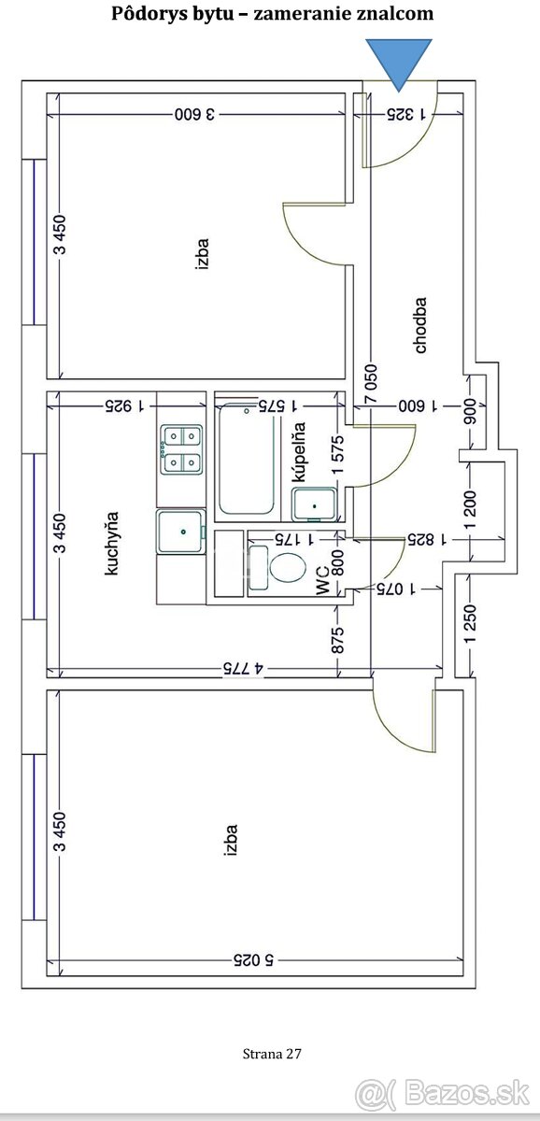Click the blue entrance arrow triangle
point(398,63)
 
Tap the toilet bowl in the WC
point(287,567)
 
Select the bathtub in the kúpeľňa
point(247,459)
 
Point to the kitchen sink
point(181,532)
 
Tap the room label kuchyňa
point(111,543)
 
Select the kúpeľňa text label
point(299,452)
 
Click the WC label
point(323,580)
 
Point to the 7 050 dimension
point(371,384)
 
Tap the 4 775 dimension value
point(243,669)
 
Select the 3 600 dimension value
point(194,114)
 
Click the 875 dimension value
point(338,640)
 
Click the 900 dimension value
point(471,411)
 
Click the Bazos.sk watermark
point(443,1094)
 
